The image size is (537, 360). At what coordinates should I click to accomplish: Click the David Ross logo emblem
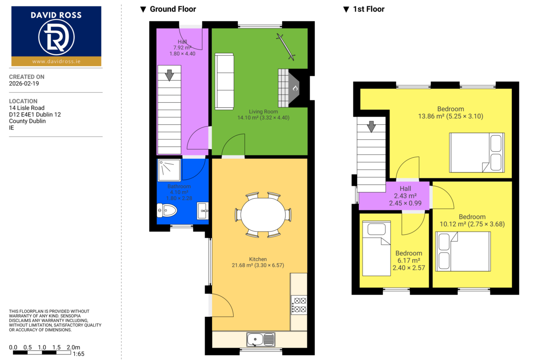click(x=56, y=37)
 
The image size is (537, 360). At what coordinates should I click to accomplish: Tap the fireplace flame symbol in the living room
click(x=295, y=89)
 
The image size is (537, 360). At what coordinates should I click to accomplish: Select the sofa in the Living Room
click(x=224, y=82)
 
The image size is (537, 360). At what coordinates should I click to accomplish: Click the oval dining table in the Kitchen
click(x=263, y=215)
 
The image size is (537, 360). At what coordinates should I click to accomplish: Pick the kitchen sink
click(x=261, y=339)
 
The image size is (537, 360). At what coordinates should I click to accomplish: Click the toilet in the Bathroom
click(x=167, y=210)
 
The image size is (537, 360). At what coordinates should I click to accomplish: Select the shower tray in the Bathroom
click(x=169, y=170)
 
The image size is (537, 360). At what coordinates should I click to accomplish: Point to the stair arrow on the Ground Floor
click(x=169, y=75)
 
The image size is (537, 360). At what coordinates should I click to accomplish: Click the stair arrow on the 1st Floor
click(x=371, y=127)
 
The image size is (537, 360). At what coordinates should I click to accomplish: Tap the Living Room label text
click(x=263, y=111)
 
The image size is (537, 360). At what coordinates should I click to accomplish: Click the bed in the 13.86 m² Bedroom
click(x=477, y=152)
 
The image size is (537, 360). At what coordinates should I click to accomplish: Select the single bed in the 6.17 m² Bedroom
click(x=376, y=248)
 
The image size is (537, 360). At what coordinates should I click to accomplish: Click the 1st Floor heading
click(x=369, y=9)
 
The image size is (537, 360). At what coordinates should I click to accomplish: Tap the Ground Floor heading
click(x=173, y=9)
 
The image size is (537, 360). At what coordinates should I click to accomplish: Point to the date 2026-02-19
click(x=24, y=83)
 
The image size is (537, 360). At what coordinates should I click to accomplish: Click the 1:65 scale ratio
click(x=78, y=354)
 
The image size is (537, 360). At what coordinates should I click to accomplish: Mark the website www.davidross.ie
click(x=56, y=61)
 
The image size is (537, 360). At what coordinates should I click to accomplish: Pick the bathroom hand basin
click(x=203, y=211)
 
